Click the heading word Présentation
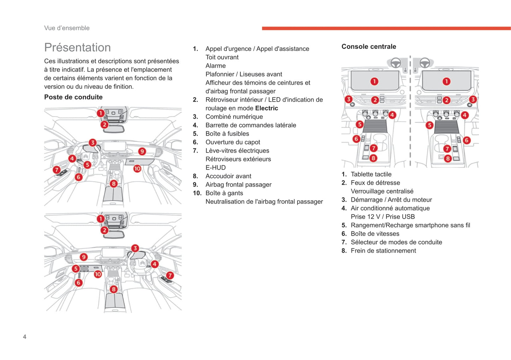point(77,47)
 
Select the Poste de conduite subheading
point(73,97)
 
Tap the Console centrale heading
point(368,47)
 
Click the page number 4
point(24,337)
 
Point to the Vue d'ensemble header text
point(67,28)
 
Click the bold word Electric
point(266,108)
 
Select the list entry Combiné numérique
point(234,117)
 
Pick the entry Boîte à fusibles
point(227,134)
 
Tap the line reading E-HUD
point(215,167)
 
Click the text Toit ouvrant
point(222,57)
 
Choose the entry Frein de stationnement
point(383,250)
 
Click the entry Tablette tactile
point(371,174)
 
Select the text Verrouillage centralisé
point(382,191)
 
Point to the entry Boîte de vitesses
point(375,234)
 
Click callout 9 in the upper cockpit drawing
point(142,152)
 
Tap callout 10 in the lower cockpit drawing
point(98,274)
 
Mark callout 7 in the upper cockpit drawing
point(57,170)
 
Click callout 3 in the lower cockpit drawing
point(135,248)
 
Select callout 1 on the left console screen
point(374,82)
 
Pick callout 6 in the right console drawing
point(466,140)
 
